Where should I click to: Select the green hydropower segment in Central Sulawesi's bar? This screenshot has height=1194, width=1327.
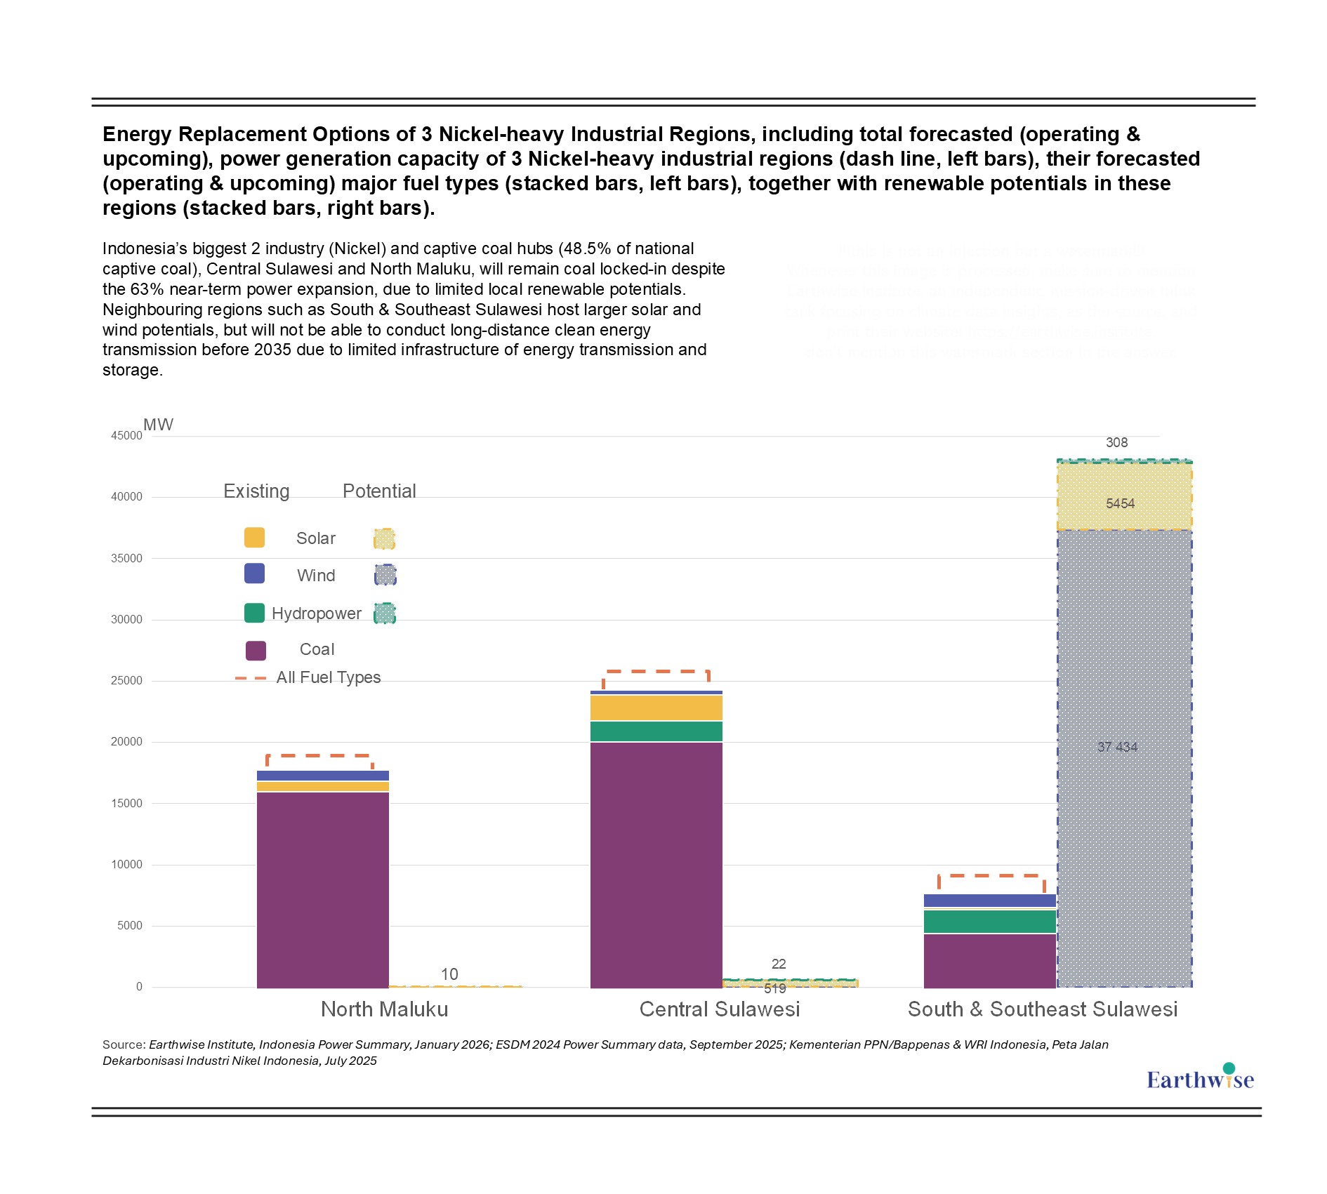click(656, 731)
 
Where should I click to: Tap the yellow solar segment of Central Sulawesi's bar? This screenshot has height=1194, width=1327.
click(656, 708)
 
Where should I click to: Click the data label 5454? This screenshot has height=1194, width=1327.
click(1120, 503)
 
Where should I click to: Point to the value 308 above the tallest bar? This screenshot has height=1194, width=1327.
click(1116, 443)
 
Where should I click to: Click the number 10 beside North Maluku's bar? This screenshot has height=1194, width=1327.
click(449, 974)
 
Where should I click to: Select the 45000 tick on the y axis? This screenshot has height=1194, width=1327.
click(126, 436)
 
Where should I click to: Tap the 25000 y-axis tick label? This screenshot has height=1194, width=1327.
click(126, 681)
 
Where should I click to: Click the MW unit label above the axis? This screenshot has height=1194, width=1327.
click(158, 425)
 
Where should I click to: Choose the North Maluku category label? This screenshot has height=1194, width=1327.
click(384, 1009)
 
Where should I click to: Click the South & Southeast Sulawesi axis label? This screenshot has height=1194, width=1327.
click(1043, 1009)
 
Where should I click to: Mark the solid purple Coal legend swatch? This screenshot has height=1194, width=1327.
click(256, 651)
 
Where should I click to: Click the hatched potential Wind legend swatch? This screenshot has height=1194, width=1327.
click(385, 576)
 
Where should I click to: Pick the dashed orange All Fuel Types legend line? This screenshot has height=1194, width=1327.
click(251, 678)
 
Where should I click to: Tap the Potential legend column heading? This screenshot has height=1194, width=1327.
click(379, 491)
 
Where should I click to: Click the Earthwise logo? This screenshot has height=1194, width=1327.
click(1200, 1079)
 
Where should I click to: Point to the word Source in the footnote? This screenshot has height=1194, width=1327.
click(124, 1044)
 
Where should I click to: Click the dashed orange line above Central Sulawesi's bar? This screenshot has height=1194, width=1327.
click(656, 672)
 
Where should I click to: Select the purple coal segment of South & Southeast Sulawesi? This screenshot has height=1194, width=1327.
click(990, 960)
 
